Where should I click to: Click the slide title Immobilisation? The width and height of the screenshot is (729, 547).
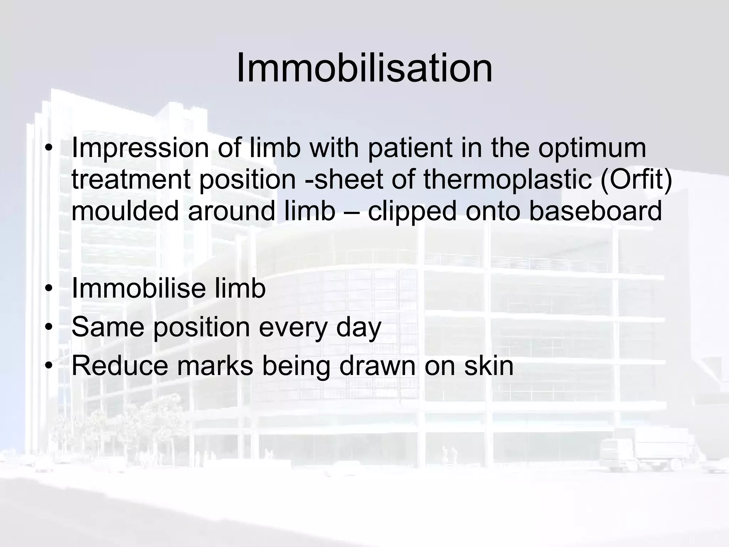click(364, 68)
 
